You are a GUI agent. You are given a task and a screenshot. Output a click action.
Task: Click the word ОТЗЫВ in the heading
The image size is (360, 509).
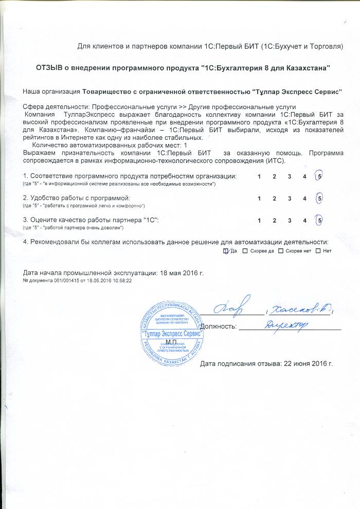tap(49, 68)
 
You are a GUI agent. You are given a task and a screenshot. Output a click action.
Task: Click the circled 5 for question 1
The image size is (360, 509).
tap(320, 176)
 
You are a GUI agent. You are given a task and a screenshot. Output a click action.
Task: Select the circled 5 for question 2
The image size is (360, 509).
tap(320, 198)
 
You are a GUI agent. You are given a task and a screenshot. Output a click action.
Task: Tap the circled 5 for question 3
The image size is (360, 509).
tap(320, 220)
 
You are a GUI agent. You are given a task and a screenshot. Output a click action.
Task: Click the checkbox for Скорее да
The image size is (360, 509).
tap(245, 250)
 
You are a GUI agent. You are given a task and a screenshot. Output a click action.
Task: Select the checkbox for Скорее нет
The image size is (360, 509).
tap(280, 250)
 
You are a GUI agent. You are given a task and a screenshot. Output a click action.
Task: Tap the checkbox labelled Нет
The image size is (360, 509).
tap(318, 250)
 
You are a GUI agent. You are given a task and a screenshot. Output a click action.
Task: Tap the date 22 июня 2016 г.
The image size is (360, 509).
tap(306, 364)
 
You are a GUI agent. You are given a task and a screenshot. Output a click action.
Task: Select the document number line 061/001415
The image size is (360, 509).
tap(78, 281)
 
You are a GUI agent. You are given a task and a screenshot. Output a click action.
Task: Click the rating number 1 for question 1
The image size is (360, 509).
tap(259, 177)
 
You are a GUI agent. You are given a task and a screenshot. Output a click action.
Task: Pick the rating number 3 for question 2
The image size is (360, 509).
tap(290, 198)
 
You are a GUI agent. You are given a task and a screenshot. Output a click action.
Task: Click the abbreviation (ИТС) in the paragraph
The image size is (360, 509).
tap(275, 161)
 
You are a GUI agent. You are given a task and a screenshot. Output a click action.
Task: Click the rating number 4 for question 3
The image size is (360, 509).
tap(305, 221)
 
